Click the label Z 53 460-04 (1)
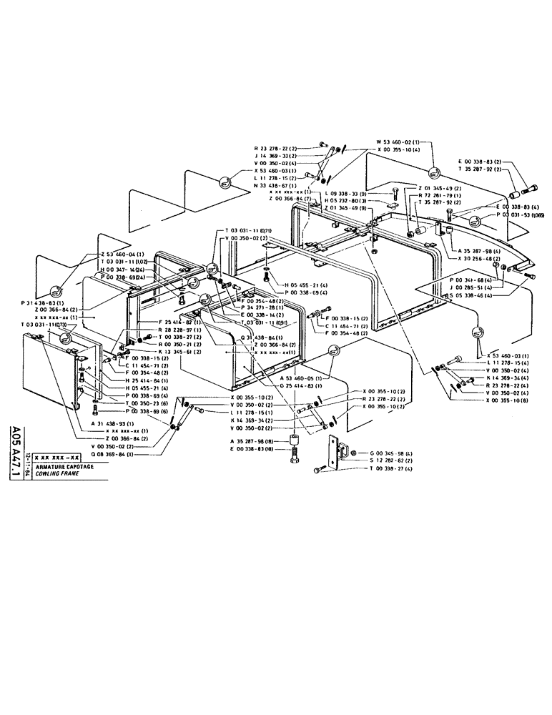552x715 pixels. (123, 255)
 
